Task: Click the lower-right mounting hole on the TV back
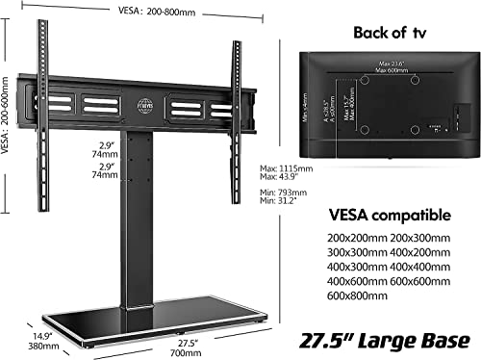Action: [414, 129]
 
